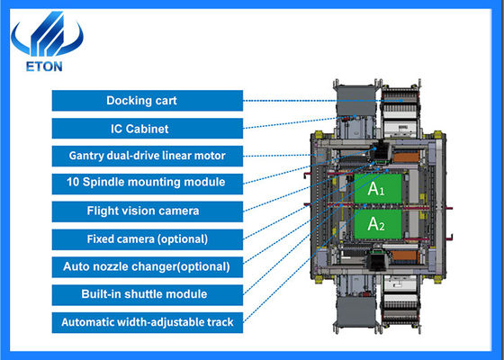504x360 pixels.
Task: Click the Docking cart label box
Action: point(147,100)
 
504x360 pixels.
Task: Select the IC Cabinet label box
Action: point(147,128)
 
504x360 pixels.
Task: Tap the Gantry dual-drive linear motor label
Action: point(147,156)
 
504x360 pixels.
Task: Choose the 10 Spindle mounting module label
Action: point(147,183)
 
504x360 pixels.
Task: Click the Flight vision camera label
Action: point(147,211)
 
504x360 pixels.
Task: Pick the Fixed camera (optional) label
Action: point(147,239)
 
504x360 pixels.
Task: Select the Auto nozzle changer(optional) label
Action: point(147,266)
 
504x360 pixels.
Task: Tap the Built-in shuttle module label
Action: point(147,294)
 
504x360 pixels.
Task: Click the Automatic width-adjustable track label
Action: point(147,321)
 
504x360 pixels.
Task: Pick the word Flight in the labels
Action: point(106,211)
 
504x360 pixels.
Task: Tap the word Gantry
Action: point(90,156)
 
